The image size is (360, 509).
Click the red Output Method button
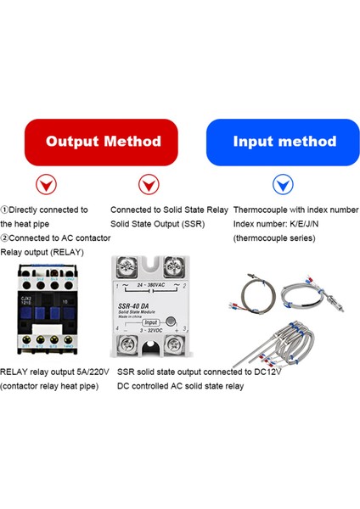click(x=102, y=142)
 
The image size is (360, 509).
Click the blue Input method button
click(x=284, y=142)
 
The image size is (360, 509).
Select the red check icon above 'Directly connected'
click(x=41, y=184)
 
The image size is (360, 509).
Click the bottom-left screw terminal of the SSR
click(x=130, y=346)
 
